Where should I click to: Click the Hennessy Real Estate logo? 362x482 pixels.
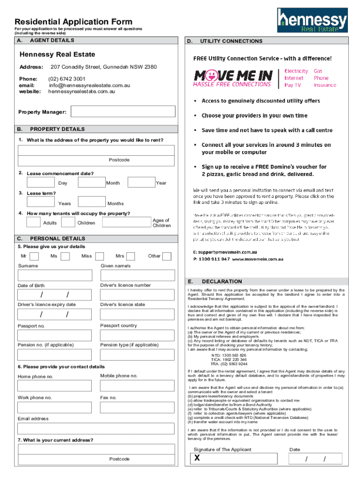click(x=312, y=21)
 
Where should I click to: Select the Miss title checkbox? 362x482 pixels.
click(x=99, y=256)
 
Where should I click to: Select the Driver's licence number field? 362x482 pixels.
click(x=137, y=295)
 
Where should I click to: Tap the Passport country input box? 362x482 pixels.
click(x=137, y=335)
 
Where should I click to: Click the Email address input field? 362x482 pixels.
click(x=96, y=428)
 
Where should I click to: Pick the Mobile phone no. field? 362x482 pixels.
click(x=137, y=386)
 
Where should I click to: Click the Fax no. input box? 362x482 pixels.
click(x=137, y=407)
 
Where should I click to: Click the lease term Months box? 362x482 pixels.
click(x=92, y=201)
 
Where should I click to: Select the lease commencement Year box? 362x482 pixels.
click(x=141, y=182)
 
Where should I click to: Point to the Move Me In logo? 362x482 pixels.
click(x=233, y=78)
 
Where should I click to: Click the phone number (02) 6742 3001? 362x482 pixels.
click(x=67, y=79)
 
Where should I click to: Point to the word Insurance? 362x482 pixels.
click(x=325, y=85)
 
